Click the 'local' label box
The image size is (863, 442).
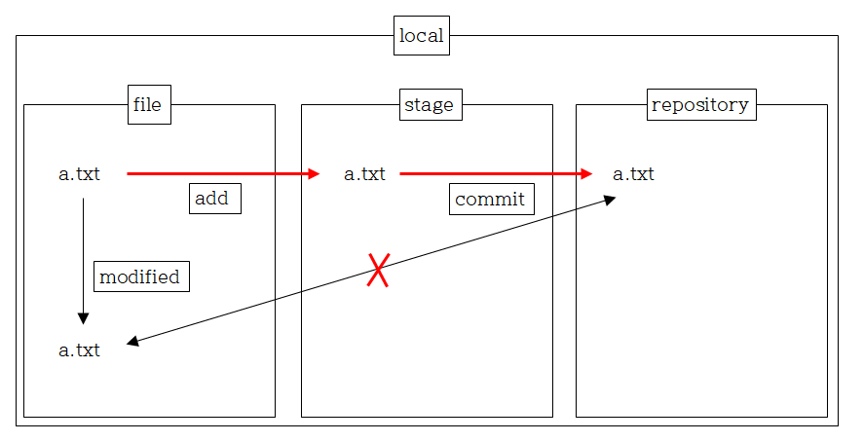pyautogui.click(x=421, y=36)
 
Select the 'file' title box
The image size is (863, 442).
pyautogui.click(x=149, y=104)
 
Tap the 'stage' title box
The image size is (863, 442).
pyautogui.click(x=430, y=104)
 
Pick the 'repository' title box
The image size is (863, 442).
pyautogui.click(x=700, y=104)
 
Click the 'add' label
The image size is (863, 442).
pyautogui.click(x=214, y=199)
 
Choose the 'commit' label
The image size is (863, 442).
pyautogui.click(x=491, y=200)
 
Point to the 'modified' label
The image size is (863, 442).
pyautogui.click(x=141, y=276)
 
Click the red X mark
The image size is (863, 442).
pyautogui.click(x=379, y=270)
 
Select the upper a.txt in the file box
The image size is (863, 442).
pyautogui.click(x=79, y=174)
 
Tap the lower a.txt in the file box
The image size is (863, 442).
pyautogui.click(x=79, y=350)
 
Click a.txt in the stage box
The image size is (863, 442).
pyautogui.click(x=364, y=174)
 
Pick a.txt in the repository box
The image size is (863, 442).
pyautogui.click(x=633, y=174)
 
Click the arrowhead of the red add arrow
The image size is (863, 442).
pyautogui.click(x=314, y=174)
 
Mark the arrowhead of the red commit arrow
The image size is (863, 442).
pyautogui.click(x=586, y=174)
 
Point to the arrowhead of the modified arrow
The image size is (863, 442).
pyautogui.click(x=83, y=318)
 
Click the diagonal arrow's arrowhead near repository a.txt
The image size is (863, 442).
pyautogui.click(x=610, y=199)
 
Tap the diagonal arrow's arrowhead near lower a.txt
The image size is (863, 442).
pyautogui.click(x=132, y=342)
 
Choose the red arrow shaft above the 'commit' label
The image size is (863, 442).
pyautogui.click(x=491, y=174)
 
